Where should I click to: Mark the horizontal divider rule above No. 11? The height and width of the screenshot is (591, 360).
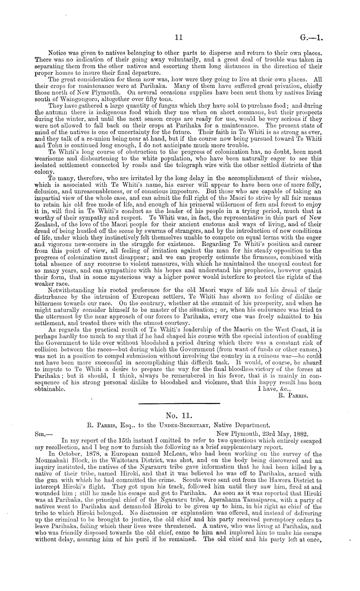tap(179, 403)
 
